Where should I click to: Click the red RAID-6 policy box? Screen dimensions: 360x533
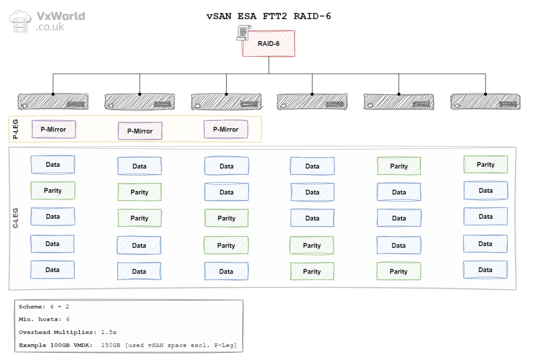coord(268,43)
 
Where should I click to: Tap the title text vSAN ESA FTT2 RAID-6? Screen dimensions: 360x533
coord(269,16)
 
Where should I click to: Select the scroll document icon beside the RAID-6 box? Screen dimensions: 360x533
coord(242,32)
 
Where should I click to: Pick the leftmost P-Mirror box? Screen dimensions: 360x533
coord(54,129)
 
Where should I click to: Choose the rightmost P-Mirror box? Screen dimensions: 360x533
coord(226,129)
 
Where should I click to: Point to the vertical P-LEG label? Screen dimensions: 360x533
coord(16,129)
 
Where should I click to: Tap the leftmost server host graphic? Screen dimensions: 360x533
coord(53,101)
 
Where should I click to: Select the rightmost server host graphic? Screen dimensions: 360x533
coord(485,101)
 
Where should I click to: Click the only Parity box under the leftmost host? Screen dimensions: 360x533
coord(53,191)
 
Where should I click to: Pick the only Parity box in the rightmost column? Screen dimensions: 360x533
coord(486,165)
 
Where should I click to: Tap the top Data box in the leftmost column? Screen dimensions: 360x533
coord(53,165)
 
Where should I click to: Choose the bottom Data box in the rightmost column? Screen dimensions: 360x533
coord(485,270)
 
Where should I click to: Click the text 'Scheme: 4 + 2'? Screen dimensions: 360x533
coord(44,306)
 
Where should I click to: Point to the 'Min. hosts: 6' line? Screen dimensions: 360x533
coord(44,319)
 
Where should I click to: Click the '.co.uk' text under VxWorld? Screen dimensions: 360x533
coord(50,27)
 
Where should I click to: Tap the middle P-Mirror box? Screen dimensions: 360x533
coord(140,131)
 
